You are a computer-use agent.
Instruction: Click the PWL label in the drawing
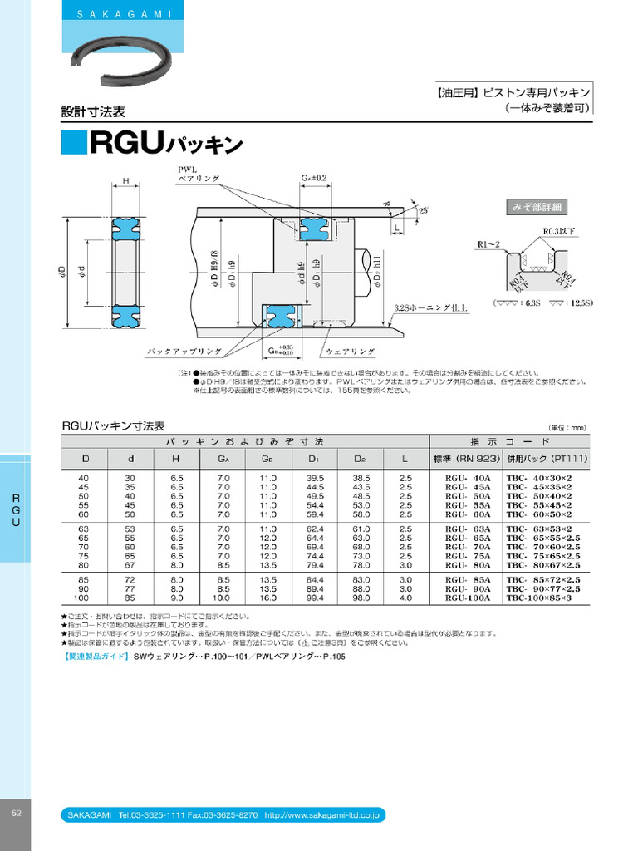click(x=186, y=170)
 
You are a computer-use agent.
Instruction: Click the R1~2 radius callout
click(x=490, y=243)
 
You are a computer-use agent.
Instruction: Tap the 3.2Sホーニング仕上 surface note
click(x=430, y=307)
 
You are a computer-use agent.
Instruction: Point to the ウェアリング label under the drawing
click(x=350, y=352)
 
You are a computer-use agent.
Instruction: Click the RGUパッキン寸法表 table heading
click(x=114, y=425)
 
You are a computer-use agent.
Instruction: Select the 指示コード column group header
click(x=509, y=441)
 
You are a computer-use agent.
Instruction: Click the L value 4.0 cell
click(x=405, y=598)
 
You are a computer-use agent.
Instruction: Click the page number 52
click(x=16, y=813)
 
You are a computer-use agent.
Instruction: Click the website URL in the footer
click(x=321, y=816)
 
